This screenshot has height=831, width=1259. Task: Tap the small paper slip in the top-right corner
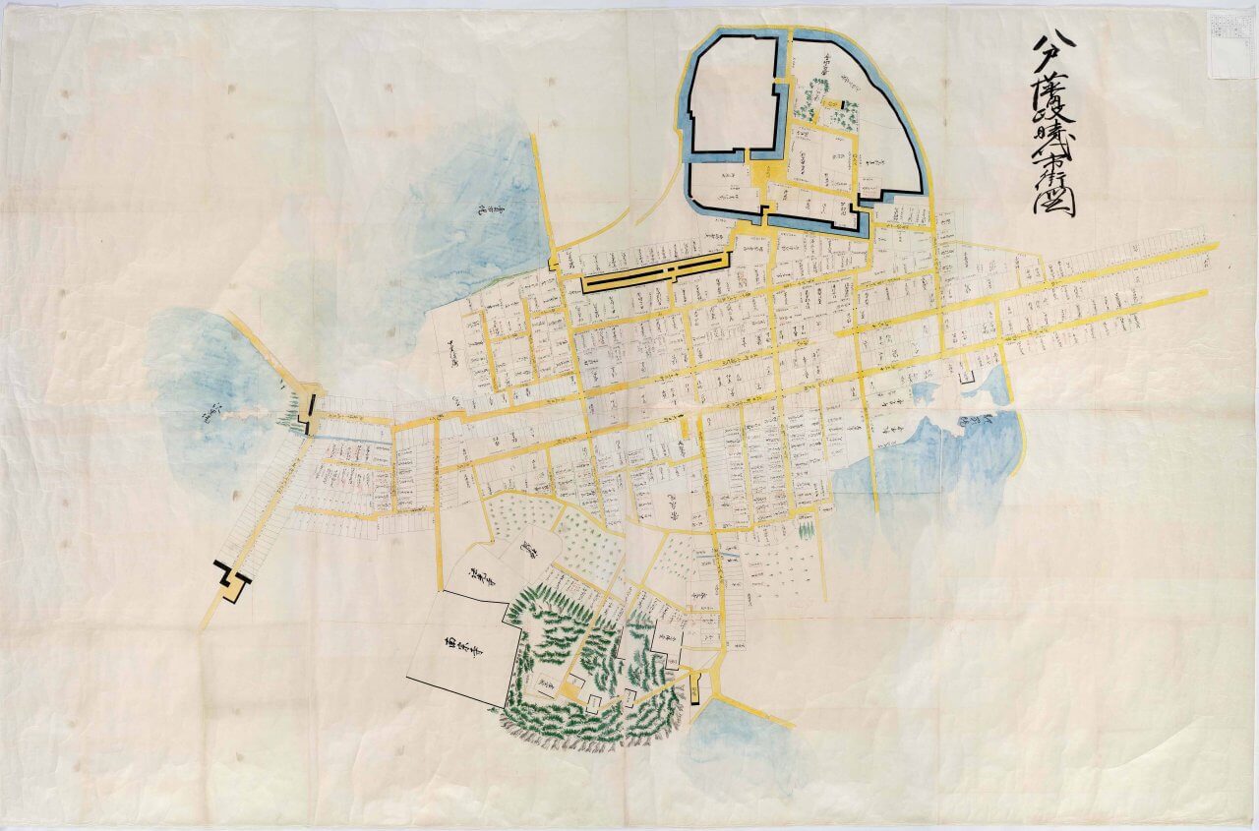[x=1230, y=43]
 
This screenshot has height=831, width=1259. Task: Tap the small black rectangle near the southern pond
[x=695, y=695]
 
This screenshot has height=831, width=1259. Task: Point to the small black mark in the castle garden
[x=843, y=105]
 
